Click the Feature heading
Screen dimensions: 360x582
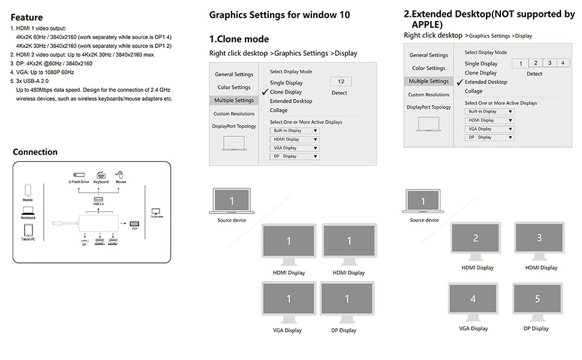click(x=26, y=18)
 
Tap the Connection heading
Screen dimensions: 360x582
click(x=35, y=152)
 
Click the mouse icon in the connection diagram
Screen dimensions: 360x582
click(x=120, y=174)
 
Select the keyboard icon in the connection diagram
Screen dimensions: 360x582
click(x=100, y=174)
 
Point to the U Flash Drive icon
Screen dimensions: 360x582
click(x=79, y=174)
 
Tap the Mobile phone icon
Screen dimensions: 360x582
click(x=28, y=190)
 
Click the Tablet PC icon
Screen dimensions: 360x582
click(x=28, y=230)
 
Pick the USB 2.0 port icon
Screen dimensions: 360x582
click(x=99, y=199)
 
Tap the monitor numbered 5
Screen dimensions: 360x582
click(x=537, y=299)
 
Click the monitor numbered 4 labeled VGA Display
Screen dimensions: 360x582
click(x=473, y=299)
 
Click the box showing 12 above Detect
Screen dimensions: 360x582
click(x=340, y=81)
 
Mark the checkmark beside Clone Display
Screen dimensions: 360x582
click(x=265, y=92)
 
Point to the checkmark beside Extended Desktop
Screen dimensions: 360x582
click(x=460, y=82)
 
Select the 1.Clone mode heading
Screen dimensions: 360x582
click(x=239, y=39)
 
